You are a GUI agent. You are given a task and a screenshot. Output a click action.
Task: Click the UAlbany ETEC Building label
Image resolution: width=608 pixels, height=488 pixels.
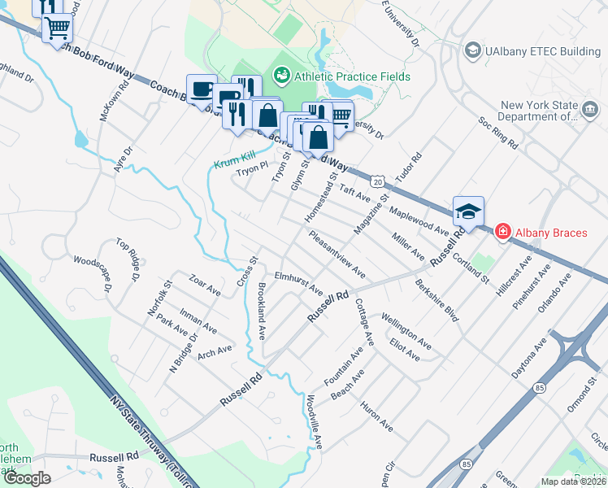(x=543, y=51)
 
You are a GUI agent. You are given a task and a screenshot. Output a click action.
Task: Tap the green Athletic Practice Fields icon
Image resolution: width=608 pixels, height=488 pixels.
(x=282, y=76)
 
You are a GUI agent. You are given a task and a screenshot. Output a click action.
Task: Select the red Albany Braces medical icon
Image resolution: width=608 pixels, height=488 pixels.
(x=502, y=233)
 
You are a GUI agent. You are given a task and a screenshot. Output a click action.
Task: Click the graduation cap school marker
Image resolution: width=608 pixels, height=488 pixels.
(x=468, y=211)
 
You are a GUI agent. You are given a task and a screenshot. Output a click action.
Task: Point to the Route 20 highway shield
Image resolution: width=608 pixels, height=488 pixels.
(x=378, y=179)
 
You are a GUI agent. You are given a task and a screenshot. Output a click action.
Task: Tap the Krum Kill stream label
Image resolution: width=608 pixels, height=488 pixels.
(x=235, y=163)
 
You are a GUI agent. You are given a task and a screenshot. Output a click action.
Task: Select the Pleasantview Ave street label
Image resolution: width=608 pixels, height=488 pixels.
(x=337, y=252)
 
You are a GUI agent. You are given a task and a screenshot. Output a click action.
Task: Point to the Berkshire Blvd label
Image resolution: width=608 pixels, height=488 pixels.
(x=436, y=301)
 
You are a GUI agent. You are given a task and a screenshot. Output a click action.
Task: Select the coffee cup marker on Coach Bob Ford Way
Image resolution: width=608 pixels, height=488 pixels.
(x=201, y=89)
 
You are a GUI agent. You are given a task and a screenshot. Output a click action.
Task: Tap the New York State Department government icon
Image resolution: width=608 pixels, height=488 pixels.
(x=590, y=107)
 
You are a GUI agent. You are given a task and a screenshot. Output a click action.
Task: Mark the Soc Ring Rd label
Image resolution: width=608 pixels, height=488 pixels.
(x=497, y=133)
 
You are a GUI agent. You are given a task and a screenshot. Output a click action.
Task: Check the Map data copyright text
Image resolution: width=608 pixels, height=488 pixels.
(x=572, y=481)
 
